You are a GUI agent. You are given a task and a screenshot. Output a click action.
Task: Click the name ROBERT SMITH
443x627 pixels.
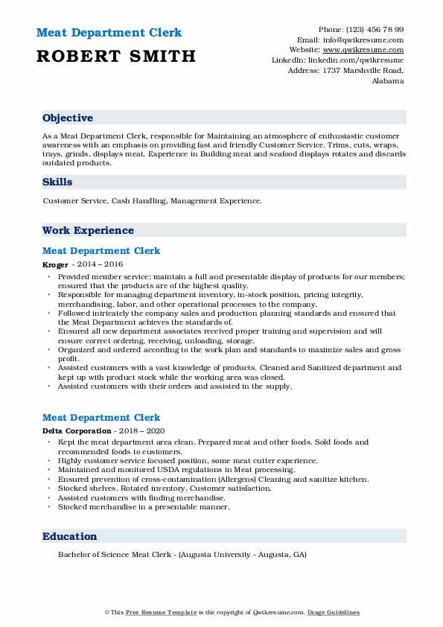117,56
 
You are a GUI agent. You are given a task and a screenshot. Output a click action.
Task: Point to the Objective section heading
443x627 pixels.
68,118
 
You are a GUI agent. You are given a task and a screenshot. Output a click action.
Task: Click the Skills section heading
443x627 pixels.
58,182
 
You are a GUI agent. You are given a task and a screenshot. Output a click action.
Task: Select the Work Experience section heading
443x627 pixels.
88,231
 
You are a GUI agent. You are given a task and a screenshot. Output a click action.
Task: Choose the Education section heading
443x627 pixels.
70,536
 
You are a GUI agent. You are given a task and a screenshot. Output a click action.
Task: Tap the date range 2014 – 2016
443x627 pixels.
100,264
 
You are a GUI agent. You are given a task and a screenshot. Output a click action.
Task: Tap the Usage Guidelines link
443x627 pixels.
334,612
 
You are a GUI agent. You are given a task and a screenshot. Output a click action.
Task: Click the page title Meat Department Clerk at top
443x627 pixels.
109,33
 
